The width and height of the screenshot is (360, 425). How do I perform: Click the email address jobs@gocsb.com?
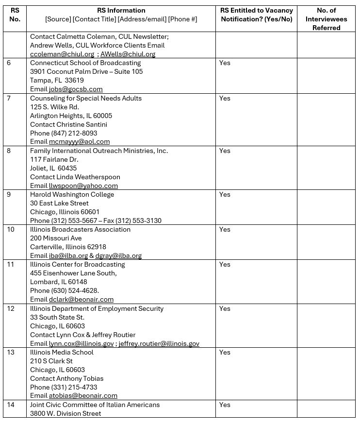click(76, 89)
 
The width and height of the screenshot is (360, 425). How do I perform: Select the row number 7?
click(9, 98)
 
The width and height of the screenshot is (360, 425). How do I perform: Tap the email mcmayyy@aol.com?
click(79, 142)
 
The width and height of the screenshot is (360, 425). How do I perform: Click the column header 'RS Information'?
click(121, 10)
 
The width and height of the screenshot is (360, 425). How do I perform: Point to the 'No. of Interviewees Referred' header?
click(326, 19)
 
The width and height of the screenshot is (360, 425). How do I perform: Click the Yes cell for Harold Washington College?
click(225, 194)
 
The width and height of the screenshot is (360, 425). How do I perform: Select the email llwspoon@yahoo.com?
click(83, 186)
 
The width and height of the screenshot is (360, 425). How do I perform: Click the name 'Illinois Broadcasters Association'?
click(80, 229)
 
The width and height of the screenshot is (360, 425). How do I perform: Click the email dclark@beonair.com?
click(81, 299)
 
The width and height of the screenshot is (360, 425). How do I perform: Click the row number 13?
click(11, 352)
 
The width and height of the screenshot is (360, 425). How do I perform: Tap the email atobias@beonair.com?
click(83, 396)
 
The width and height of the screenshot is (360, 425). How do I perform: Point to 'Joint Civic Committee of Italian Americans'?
click(95, 405)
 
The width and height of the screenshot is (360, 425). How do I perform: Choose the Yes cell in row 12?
click(225, 308)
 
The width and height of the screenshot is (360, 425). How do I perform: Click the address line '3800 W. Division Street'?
click(65, 413)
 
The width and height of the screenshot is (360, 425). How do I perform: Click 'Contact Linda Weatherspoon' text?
click(75, 177)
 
